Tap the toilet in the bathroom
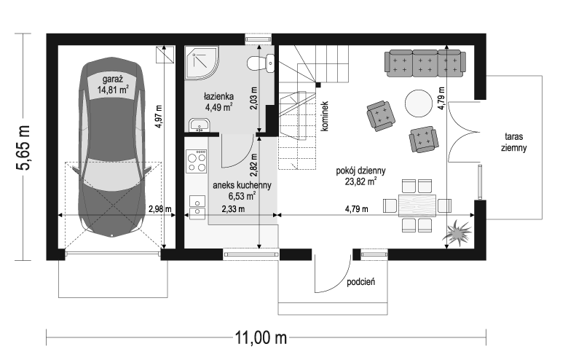click(x=261, y=63)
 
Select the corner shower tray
click(x=202, y=62)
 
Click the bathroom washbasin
click(x=199, y=125)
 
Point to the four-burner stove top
click(x=197, y=161)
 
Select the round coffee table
click(x=419, y=103)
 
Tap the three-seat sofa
click(x=425, y=64)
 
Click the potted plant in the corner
click(x=457, y=232)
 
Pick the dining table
click(x=417, y=206)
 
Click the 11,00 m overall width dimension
click(x=261, y=337)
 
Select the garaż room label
click(x=113, y=79)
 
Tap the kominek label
click(x=324, y=116)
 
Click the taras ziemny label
click(x=513, y=142)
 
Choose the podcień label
click(x=360, y=282)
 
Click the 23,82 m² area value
click(x=360, y=181)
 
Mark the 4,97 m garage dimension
click(x=158, y=117)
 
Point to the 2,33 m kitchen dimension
click(x=233, y=209)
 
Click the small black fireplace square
click(x=318, y=85)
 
